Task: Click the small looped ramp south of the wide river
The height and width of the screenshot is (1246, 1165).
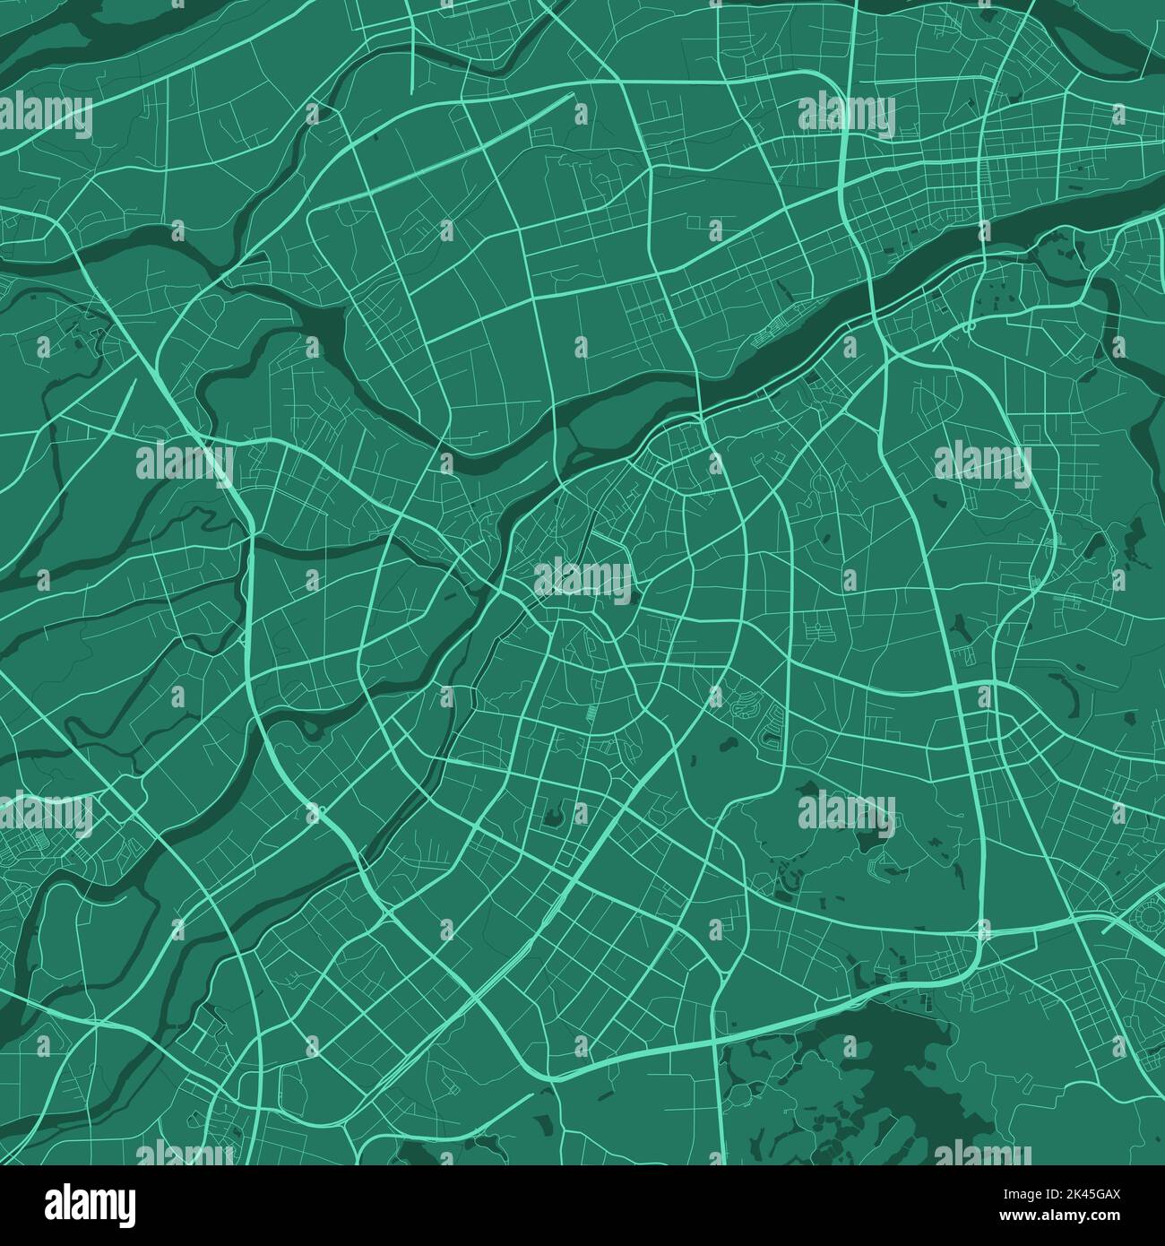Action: pyautogui.click(x=969, y=326)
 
